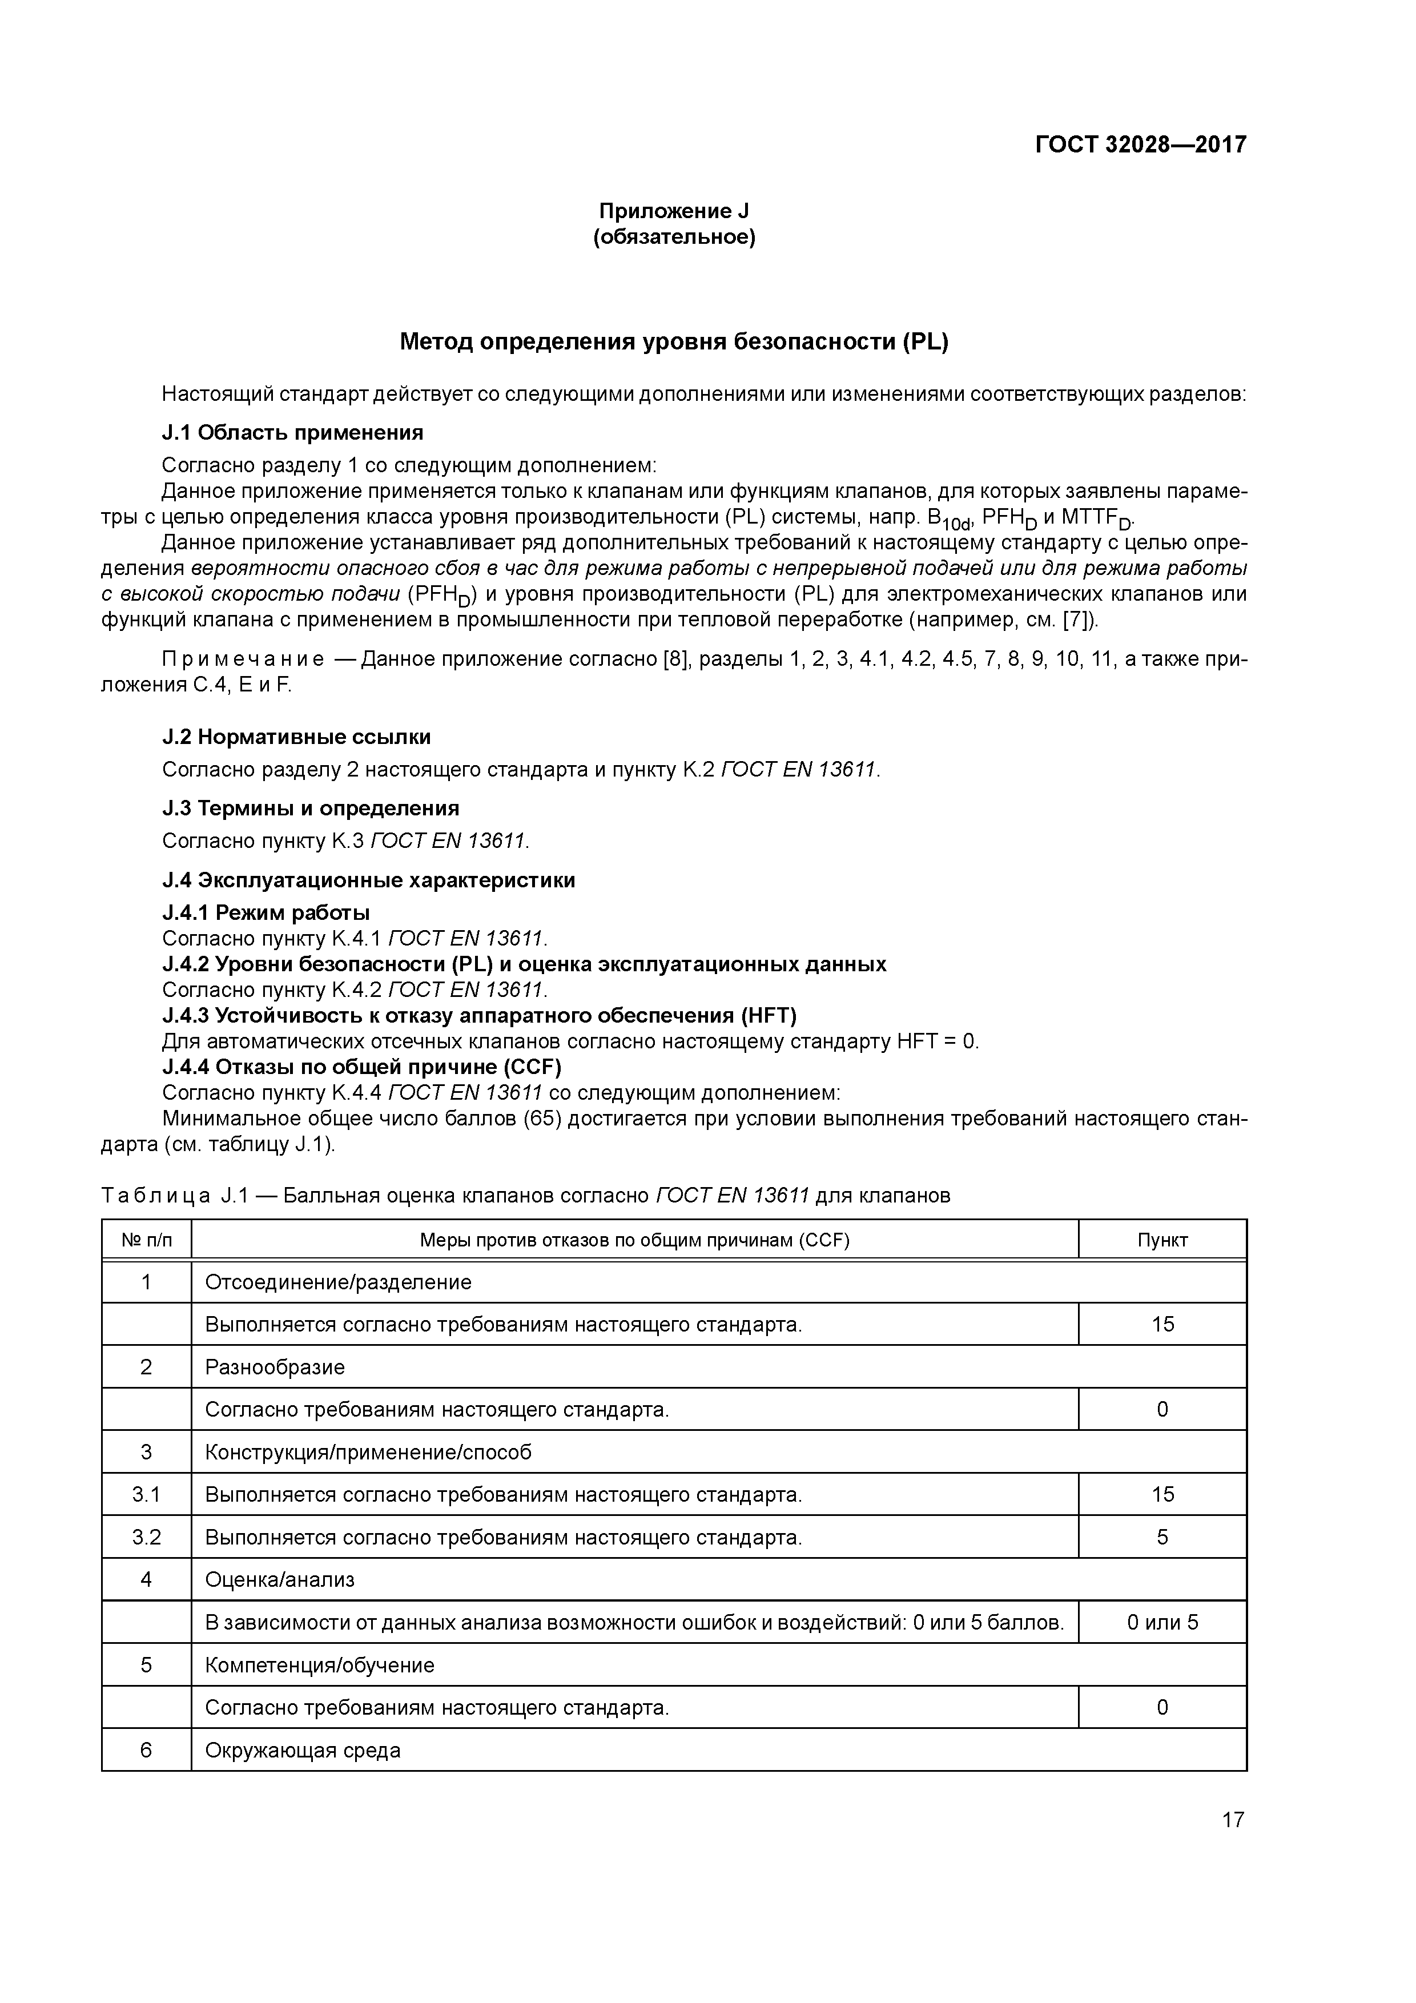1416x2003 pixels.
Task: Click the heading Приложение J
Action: [x=674, y=211]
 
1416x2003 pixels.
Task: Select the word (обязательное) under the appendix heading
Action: [x=674, y=238]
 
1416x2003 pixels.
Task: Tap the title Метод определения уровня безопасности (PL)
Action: [x=674, y=342]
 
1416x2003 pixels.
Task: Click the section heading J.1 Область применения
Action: [x=292, y=433]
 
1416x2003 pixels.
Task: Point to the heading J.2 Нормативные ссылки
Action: [x=297, y=737]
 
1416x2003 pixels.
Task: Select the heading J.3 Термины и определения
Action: [x=311, y=808]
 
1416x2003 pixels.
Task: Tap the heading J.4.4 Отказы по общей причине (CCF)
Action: [x=362, y=1067]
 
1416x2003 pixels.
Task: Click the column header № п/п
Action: [x=147, y=1241]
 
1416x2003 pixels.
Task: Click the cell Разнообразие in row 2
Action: [x=275, y=1367]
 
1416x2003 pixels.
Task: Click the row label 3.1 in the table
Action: [x=147, y=1494]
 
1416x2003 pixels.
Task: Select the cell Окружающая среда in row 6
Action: [x=303, y=1750]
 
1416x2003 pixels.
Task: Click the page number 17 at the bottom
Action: [x=1233, y=1820]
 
